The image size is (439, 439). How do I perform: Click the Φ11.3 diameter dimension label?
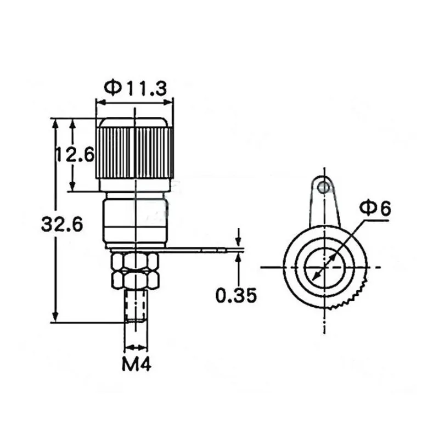point(136,88)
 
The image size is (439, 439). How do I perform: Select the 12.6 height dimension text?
point(75,154)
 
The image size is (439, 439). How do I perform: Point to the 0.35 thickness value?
point(236,295)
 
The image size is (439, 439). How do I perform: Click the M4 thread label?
point(136,364)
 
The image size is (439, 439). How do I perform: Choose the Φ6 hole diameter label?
point(375,209)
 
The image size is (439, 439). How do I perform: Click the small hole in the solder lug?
point(324,186)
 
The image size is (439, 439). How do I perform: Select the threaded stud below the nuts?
point(136,306)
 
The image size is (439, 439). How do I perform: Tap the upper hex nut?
point(135,261)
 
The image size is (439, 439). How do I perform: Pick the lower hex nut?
point(135,279)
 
